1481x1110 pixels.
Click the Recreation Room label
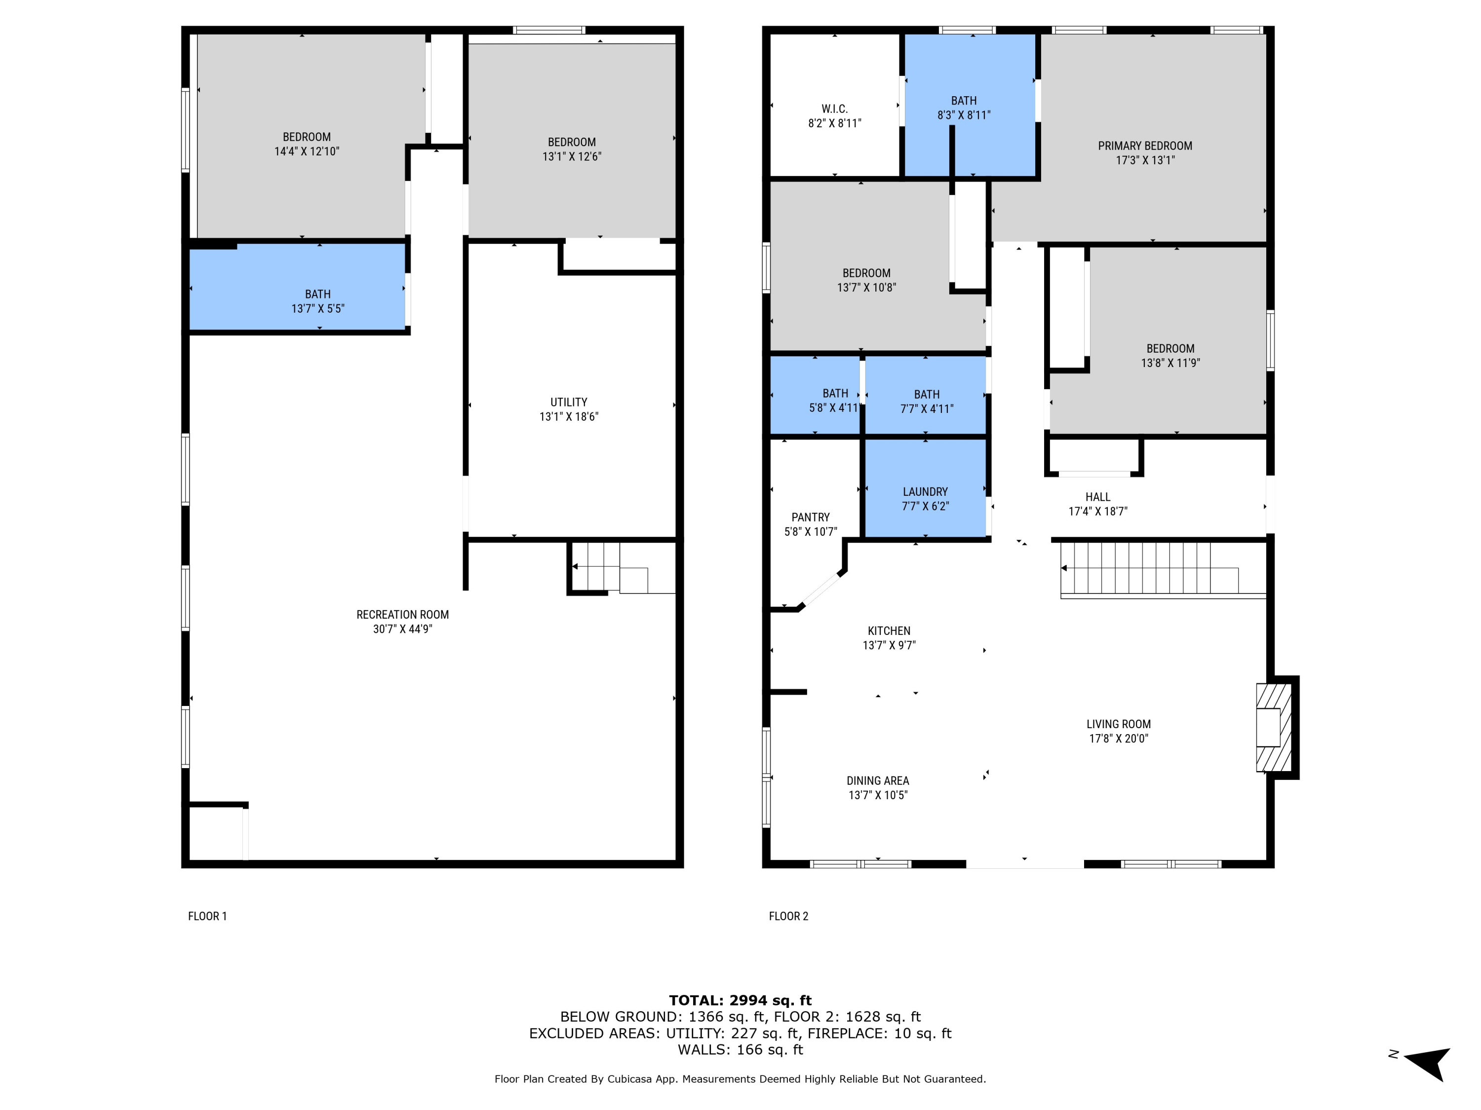(x=402, y=614)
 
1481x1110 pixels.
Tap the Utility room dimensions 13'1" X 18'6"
(x=568, y=416)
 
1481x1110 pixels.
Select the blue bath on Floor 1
(x=298, y=288)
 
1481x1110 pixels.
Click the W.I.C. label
(x=834, y=109)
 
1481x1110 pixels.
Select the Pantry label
(x=810, y=517)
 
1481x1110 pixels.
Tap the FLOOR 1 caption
(x=207, y=916)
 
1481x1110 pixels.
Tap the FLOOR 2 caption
(x=788, y=916)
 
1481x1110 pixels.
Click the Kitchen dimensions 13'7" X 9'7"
(x=889, y=645)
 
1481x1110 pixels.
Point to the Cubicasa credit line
(x=740, y=1078)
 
